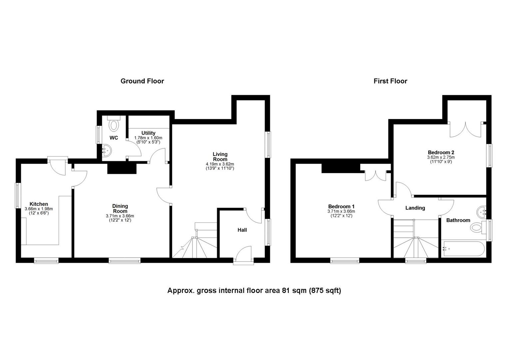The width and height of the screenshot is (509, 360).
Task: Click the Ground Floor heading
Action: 142,81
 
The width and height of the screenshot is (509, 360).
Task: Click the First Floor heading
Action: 390,81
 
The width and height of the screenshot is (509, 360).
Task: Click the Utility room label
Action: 148,133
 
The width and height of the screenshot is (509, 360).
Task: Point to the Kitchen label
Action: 39,204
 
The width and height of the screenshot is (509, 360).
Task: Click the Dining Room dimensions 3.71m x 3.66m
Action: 120,216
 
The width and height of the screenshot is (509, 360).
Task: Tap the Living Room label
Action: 220,157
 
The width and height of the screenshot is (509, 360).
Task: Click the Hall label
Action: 242,230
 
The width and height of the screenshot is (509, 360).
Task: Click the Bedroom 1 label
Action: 341,206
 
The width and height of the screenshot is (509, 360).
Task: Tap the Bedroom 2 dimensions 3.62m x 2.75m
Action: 441,157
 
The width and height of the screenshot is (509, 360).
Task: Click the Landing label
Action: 415,208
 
